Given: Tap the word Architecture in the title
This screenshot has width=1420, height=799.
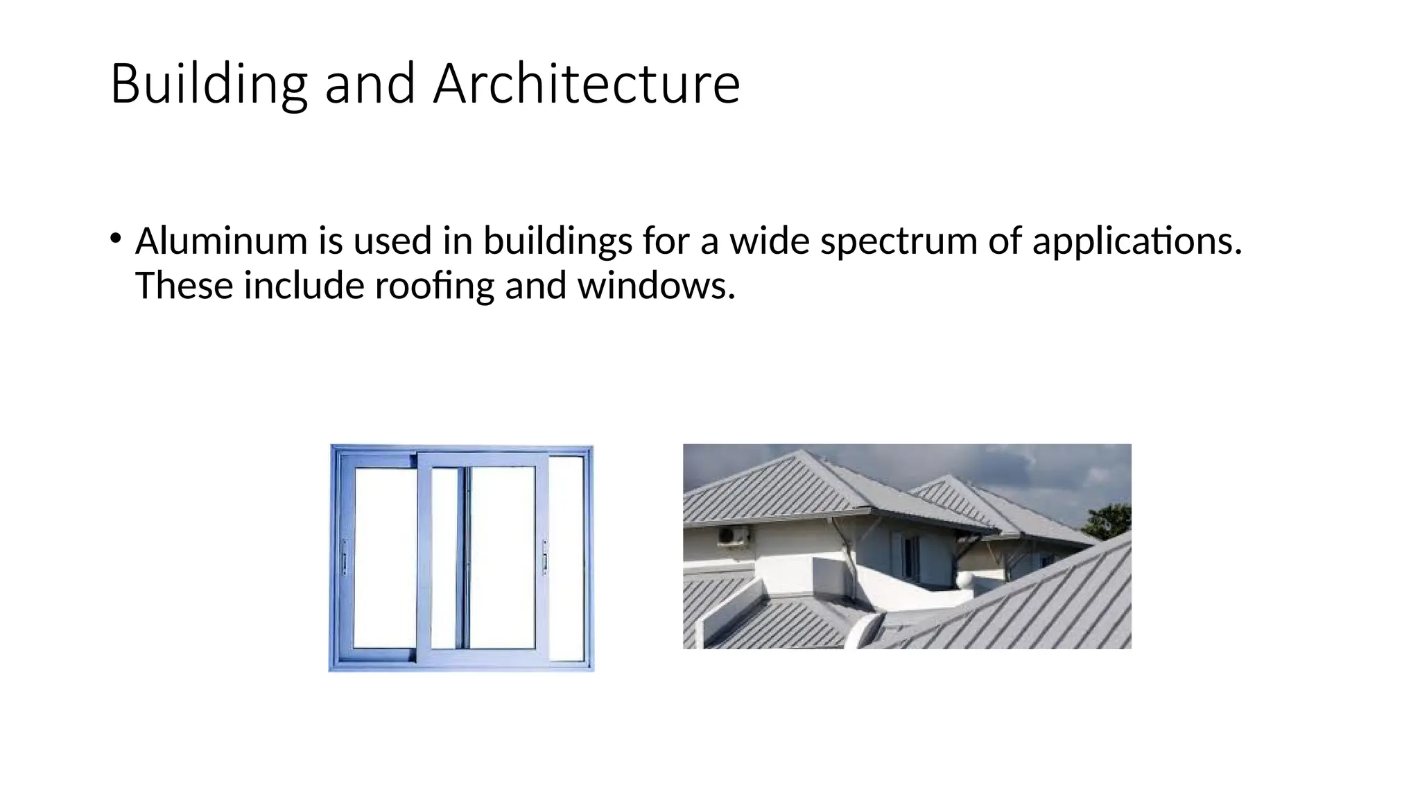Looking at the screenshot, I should [x=587, y=84].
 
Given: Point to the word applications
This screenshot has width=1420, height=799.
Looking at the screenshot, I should [x=1136, y=241].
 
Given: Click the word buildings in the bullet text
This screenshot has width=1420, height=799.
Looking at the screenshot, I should [x=557, y=241].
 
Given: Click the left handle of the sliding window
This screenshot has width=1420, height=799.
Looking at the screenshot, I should [x=344, y=557].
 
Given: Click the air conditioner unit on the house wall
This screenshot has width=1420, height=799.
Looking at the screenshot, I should [x=733, y=535].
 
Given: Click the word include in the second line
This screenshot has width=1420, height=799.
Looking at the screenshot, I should [x=304, y=286].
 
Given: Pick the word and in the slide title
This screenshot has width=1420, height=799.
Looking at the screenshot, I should [x=370, y=84].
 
